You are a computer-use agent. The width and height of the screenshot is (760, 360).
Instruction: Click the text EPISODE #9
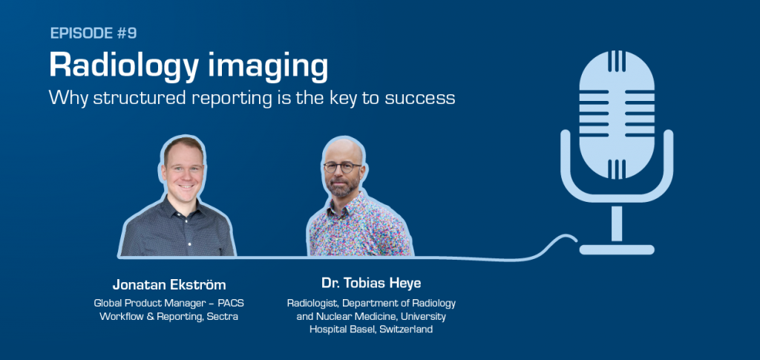94,33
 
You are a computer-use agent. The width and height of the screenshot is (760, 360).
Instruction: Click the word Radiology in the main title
125,66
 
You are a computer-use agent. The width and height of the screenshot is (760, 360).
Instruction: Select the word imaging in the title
267,66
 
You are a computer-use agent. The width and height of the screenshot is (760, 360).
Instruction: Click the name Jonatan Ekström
169,284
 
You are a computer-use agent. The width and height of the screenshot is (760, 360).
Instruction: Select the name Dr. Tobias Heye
371,283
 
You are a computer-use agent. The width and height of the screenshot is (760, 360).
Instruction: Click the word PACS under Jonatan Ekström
232,304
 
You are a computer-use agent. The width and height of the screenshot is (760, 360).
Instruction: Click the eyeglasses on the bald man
342,167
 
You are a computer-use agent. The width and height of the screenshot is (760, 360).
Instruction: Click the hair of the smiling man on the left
183,145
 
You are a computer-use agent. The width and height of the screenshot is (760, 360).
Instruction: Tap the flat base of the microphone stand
617,249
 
